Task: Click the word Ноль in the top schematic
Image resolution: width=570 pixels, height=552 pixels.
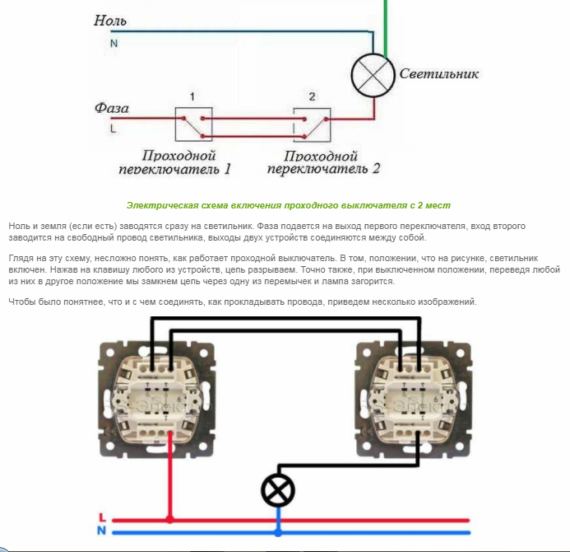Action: pos(112,21)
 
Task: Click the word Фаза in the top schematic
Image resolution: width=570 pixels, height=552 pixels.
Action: pos(112,108)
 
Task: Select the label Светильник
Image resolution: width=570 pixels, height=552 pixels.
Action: pos(439,74)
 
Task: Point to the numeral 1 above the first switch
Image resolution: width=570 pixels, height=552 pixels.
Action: pos(192,97)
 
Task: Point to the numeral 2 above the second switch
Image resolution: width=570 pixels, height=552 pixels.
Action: pos(312,97)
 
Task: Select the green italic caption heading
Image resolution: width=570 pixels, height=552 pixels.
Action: pos(289,205)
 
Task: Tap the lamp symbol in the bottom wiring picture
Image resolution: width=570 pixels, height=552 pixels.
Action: pos(278,491)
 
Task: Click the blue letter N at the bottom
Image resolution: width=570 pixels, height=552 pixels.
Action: pos(101,531)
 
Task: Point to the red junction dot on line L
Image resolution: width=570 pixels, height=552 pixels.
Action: pos(170,520)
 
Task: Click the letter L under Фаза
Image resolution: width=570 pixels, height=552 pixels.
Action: pos(113,129)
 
